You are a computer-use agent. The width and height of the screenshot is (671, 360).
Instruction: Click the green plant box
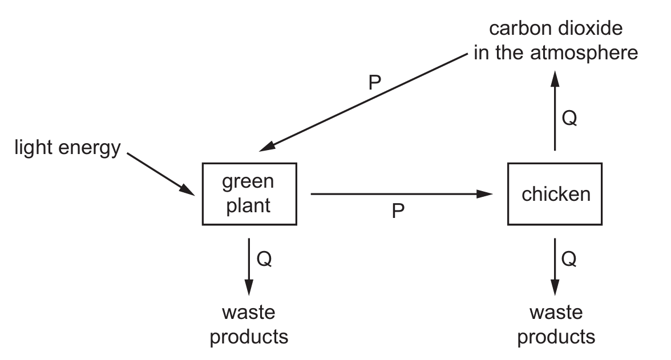[249, 194]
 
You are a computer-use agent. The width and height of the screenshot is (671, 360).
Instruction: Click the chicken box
[555, 194]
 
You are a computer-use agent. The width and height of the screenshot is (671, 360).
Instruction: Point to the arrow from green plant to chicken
[399, 195]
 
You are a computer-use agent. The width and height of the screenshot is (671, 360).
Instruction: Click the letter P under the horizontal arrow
[398, 212]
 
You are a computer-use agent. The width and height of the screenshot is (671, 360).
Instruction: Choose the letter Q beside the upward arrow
[569, 118]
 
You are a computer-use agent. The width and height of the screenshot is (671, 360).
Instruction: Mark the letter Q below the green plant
[264, 259]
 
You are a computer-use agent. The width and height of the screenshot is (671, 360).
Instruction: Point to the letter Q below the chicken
[569, 259]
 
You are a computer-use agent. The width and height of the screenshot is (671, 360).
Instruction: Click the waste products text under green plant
[249, 325]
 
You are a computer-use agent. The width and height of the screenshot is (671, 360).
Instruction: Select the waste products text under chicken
[556, 325]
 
